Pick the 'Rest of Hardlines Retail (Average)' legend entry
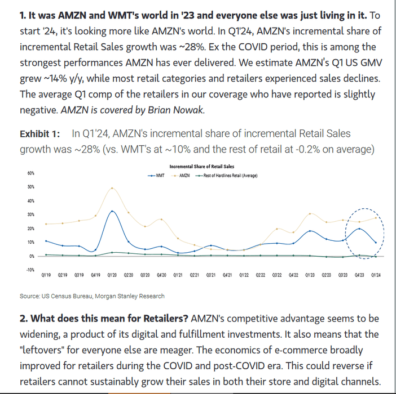(x=228, y=176)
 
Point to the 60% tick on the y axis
(x=30, y=173)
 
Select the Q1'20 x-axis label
(x=112, y=275)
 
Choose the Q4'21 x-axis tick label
(x=228, y=275)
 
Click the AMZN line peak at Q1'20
(x=113, y=188)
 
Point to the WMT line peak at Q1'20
(x=113, y=211)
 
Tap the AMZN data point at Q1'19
(x=46, y=224)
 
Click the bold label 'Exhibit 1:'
(x=39, y=134)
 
